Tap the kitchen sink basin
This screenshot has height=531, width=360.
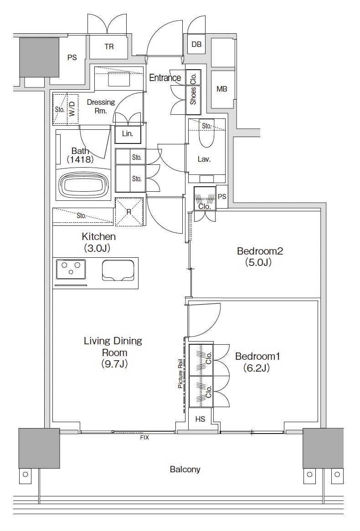click(x=117, y=270)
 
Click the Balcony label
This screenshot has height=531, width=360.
click(x=185, y=470)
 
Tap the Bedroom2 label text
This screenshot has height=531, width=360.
click(x=260, y=251)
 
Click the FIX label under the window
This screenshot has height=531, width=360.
click(x=144, y=438)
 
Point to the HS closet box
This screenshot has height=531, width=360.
click(x=201, y=419)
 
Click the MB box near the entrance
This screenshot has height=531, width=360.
click(x=221, y=89)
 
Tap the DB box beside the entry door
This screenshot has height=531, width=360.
click(x=196, y=44)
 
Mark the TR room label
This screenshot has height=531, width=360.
click(x=109, y=47)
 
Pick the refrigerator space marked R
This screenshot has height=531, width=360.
click(x=129, y=212)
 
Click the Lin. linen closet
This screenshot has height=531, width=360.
click(x=128, y=133)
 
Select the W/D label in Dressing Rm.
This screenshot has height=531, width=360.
click(x=72, y=109)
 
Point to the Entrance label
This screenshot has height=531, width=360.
click(x=165, y=77)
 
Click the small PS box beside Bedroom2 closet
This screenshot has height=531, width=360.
click(x=222, y=196)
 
